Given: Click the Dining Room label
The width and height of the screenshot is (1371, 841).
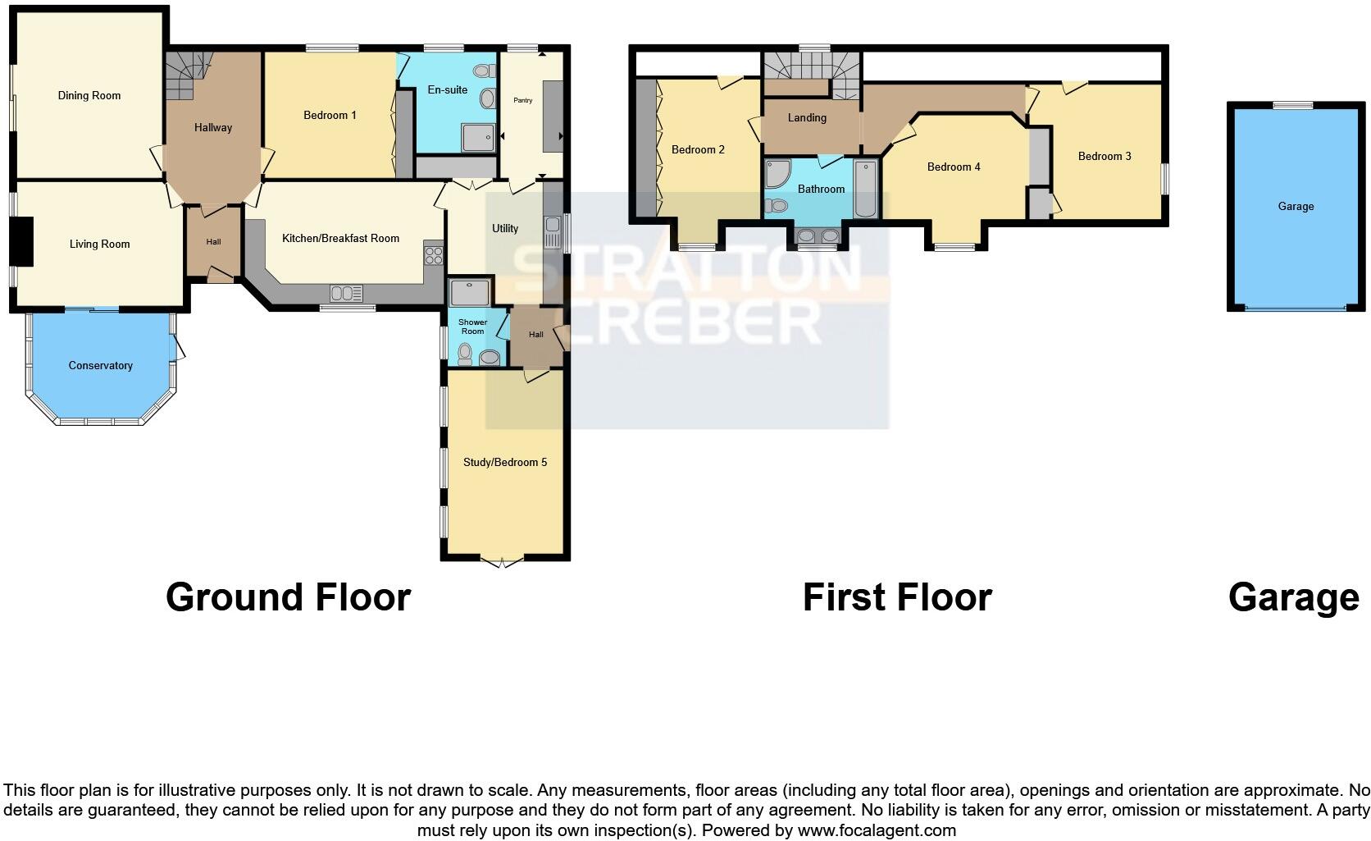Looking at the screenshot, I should (x=89, y=96).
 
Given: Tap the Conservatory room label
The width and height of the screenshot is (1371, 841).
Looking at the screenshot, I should (x=100, y=366).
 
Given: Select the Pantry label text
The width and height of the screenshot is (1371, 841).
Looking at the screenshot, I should (x=523, y=100).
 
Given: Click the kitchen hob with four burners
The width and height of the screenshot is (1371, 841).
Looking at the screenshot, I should (x=433, y=255).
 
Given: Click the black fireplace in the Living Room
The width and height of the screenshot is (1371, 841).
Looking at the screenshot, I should (x=25, y=241).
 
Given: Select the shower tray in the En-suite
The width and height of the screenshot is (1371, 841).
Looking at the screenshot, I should (x=478, y=138).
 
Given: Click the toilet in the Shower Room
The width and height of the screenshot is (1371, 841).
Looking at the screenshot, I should (x=465, y=354).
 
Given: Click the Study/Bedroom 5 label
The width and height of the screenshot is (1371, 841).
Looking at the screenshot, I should (x=505, y=463).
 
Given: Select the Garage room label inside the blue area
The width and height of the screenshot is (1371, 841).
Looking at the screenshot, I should (x=1296, y=207).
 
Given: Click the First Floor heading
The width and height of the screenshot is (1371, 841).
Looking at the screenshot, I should (x=897, y=597).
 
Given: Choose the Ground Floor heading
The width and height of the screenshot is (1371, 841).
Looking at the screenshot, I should (x=288, y=597).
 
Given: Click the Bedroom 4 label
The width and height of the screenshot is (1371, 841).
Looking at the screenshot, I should (x=954, y=167).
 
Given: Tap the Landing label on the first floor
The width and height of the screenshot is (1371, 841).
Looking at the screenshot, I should (x=807, y=118).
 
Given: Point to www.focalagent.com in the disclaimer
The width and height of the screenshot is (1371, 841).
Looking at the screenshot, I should (x=876, y=830).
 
